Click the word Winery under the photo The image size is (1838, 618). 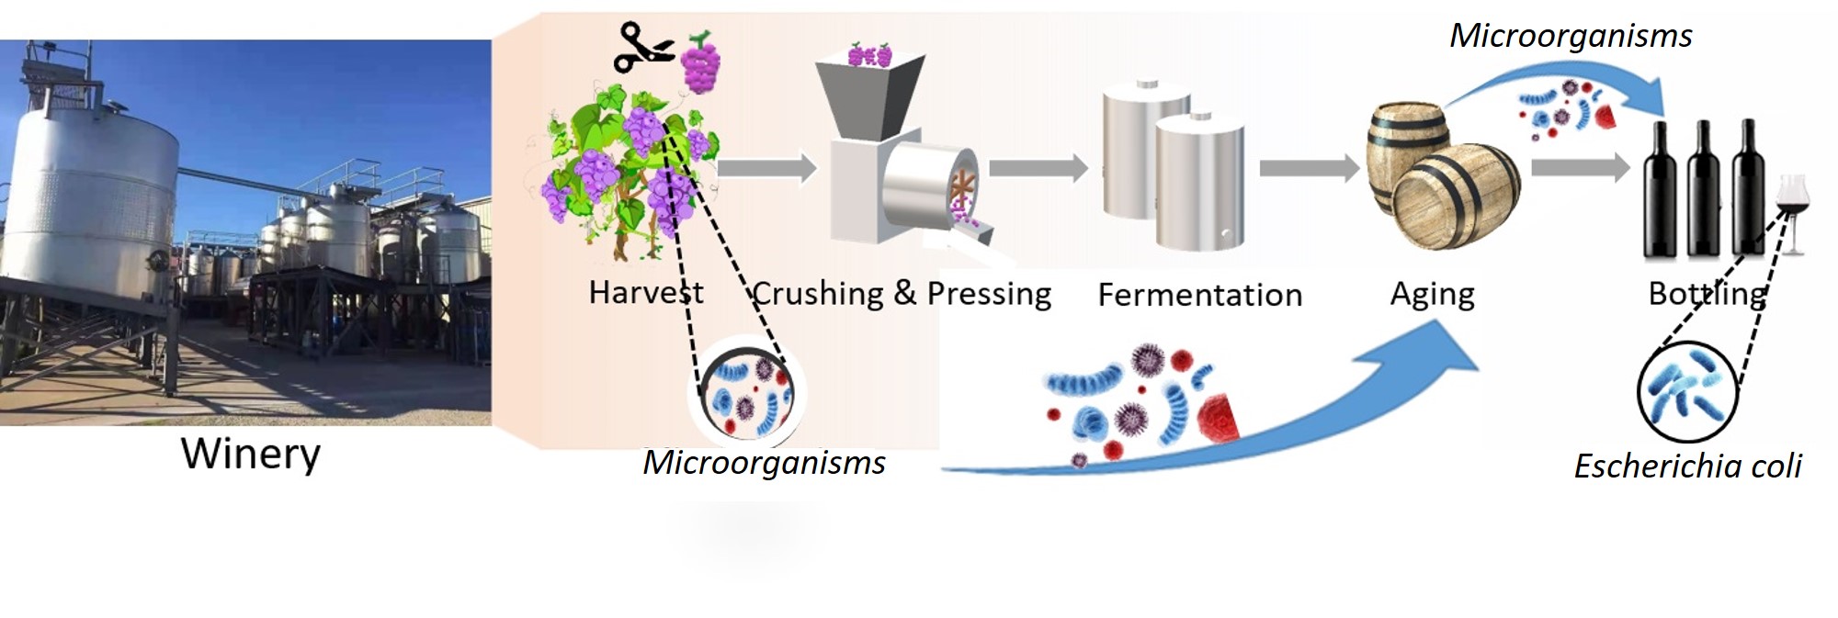[x=251, y=454]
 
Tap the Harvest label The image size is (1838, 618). [x=645, y=293]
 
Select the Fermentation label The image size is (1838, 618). [x=1199, y=295]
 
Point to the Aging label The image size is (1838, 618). [x=1432, y=295]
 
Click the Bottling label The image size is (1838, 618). [x=1707, y=294]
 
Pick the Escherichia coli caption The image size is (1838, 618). [x=1687, y=466]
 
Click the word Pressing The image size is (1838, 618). [x=989, y=294]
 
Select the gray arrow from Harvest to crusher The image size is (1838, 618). [x=766, y=168]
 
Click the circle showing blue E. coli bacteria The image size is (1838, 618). [x=1687, y=391]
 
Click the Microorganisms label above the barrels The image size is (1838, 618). [x=1570, y=36]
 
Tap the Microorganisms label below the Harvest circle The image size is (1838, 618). [x=764, y=463]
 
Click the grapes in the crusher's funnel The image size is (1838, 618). [x=869, y=55]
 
